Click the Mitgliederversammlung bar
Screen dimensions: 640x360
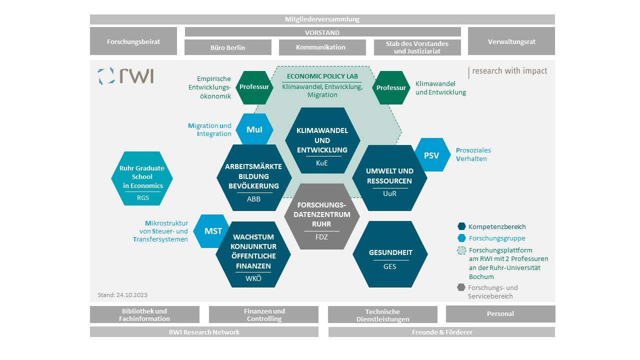322,19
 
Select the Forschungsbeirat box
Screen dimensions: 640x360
133,41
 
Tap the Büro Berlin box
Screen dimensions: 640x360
227,47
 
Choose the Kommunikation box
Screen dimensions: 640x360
322,47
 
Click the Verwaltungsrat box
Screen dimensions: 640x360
511,41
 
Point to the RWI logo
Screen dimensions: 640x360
125,76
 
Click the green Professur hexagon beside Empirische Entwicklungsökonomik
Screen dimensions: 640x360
254,87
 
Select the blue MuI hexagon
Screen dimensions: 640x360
254,129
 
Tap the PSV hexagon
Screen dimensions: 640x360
432,155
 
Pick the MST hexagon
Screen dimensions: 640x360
211,231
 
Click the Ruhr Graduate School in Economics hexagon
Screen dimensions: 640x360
142,178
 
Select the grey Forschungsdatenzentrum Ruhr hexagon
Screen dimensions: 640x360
321,216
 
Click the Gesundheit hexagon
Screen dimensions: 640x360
390,254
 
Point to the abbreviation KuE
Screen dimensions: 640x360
321,163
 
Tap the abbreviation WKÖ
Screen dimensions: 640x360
253,278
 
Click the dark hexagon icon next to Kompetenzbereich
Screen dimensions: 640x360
461,226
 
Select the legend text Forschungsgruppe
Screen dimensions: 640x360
497,238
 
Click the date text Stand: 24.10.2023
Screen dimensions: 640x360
122,295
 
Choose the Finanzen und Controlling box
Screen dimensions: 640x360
263,314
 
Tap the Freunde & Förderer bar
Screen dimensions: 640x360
441,332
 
